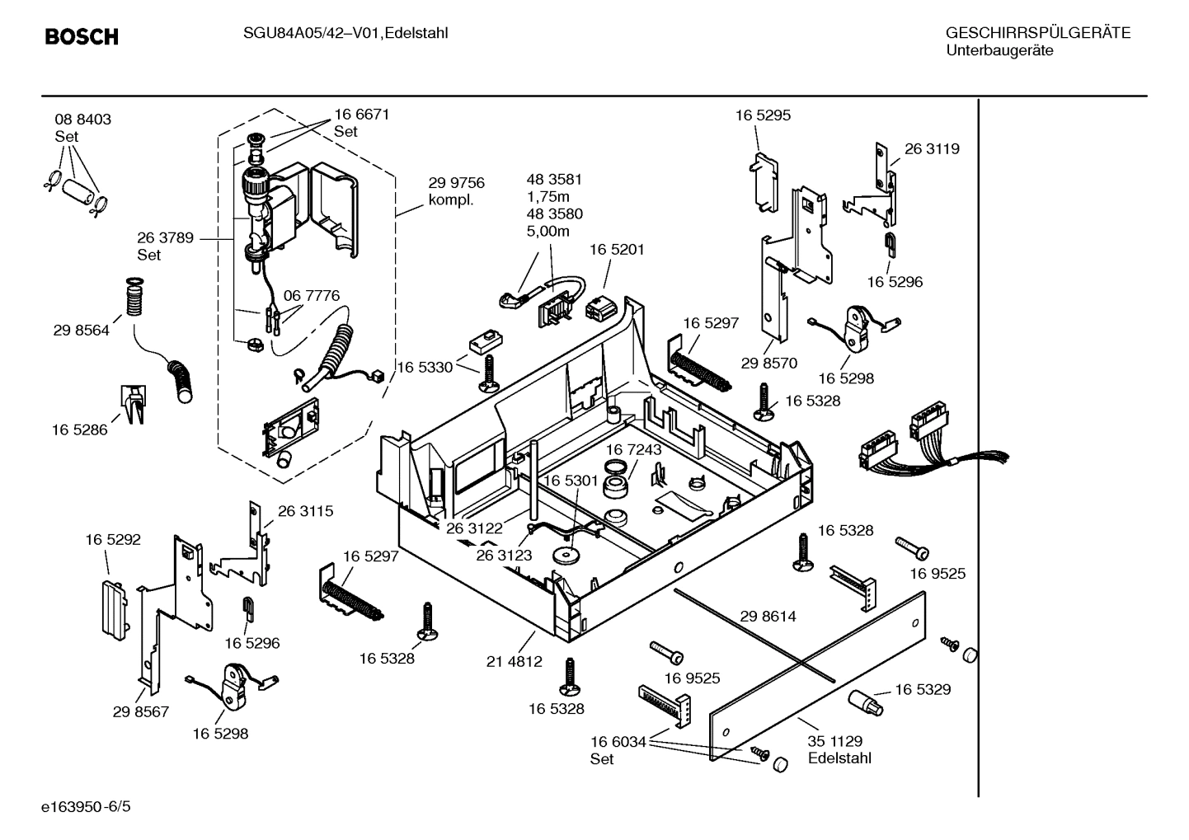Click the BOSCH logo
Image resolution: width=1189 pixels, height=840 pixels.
coord(81,37)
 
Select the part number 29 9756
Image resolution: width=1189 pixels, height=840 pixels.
coord(456,183)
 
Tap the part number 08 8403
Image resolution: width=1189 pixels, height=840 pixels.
coord(82,120)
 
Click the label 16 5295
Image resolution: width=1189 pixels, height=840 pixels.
coord(763,115)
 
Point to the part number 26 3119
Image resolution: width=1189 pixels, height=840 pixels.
coord(932,149)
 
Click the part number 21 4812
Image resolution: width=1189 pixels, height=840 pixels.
coord(514,661)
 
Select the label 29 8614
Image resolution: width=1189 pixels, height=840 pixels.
coord(768,616)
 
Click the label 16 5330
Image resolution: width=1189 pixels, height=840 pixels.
coord(425,367)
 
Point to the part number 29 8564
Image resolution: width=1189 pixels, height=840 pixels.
coord(81,331)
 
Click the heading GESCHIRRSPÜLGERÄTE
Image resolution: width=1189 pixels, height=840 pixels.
coord(1037,33)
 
